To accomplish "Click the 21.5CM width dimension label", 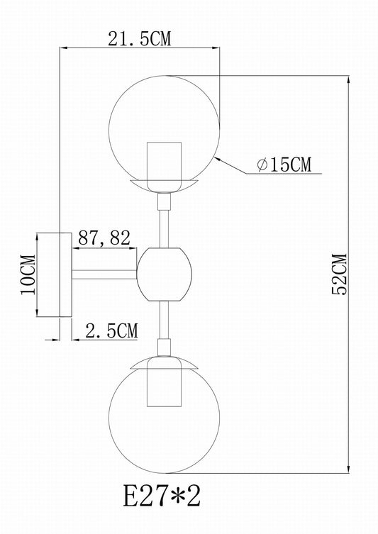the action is pyautogui.click(x=139, y=39).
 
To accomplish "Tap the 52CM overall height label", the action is pyautogui.click(x=339, y=274).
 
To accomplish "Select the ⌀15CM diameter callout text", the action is pyautogui.click(x=284, y=165).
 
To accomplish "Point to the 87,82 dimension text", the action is pyautogui.click(x=104, y=238).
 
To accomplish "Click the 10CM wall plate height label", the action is pyautogui.click(x=28, y=274).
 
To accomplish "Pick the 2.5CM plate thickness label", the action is pyautogui.click(x=111, y=330).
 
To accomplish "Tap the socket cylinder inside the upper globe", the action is pyautogui.click(x=164, y=167).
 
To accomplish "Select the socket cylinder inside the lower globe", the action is pyautogui.click(x=164, y=382).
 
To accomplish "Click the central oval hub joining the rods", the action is pyautogui.click(x=164, y=274).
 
